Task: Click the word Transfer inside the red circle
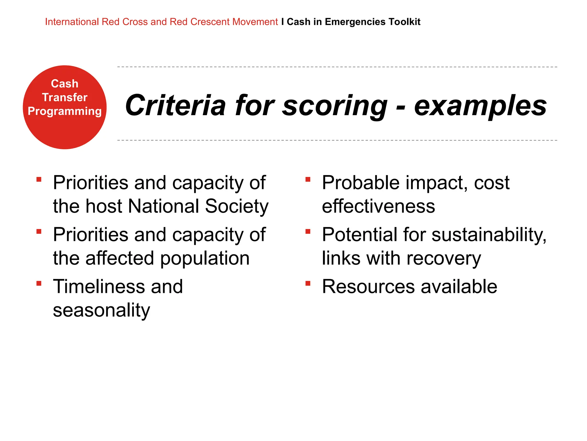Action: (x=65, y=97)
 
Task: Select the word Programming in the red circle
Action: (x=65, y=111)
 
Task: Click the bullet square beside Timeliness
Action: (x=39, y=284)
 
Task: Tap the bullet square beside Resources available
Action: (x=308, y=284)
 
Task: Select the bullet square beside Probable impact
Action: (x=308, y=180)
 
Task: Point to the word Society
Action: (x=237, y=206)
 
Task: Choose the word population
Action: (x=205, y=258)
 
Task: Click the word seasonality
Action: (x=101, y=310)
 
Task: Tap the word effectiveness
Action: (x=378, y=206)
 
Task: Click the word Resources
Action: (x=368, y=287)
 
